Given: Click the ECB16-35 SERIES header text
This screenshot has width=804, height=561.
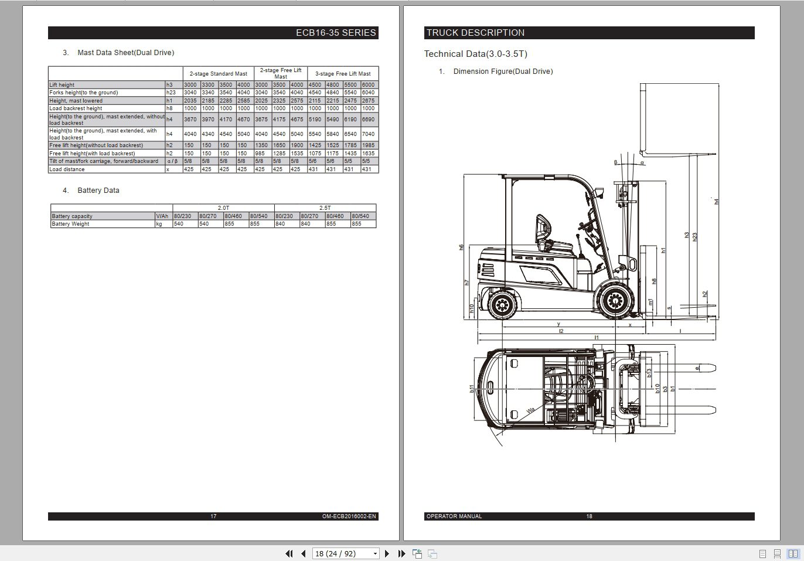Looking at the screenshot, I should click(335, 33).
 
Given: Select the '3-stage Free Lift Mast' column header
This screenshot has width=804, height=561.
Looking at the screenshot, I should click(343, 74).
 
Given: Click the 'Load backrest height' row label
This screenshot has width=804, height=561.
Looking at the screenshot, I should click(76, 108).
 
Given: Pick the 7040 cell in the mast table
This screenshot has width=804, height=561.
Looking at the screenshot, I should click(368, 134).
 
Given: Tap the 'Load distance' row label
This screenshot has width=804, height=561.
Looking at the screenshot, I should click(67, 169).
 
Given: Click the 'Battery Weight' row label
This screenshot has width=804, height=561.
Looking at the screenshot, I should click(70, 224).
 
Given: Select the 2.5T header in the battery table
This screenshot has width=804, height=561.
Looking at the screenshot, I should click(325, 208).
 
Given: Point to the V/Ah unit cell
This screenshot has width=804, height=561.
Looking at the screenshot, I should click(162, 216).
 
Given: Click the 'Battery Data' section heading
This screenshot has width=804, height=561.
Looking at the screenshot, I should click(98, 191).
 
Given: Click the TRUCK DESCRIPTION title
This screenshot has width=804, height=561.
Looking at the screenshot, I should click(475, 33).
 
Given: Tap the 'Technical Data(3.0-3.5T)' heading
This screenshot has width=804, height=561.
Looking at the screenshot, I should click(475, 54).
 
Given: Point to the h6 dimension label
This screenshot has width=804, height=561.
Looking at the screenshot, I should click(462, 247).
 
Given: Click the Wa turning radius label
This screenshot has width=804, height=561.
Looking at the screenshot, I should click(531, 410).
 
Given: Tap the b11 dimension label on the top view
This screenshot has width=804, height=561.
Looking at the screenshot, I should click(472, 389).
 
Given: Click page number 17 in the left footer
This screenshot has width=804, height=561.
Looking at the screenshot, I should click(213, 516).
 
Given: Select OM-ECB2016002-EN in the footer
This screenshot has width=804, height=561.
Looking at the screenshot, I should click(349, 516).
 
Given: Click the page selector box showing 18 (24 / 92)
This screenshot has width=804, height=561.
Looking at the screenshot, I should click(346, 553).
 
